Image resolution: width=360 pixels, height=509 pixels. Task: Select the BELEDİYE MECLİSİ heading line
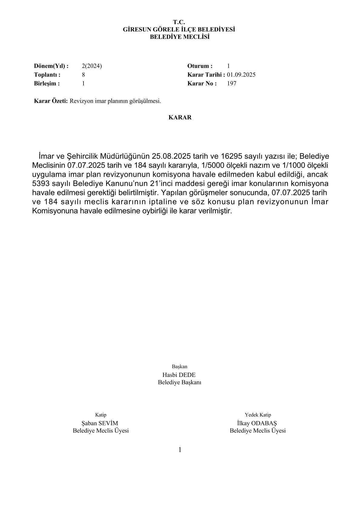pyautogui.click(x=180, y=37)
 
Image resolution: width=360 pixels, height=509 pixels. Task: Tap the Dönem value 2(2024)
pyautogui.click(x=92, y=66)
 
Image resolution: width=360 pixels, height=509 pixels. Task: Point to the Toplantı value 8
pyautogui.click(x=83, y=75)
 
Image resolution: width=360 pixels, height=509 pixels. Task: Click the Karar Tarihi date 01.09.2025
pyautogui.click(x=241, y=75)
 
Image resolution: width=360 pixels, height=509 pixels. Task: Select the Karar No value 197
pyautogui.click(x=231, y=84)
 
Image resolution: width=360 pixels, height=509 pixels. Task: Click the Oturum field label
pyautogui.click(x=200, y=66)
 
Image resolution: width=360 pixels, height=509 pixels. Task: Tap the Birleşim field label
pyautogui.click(x=47, y=84)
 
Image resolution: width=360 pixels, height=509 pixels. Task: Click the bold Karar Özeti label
pyautogui.click(x=51, y=101)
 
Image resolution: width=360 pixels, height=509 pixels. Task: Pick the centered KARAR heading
pyautogui.click(x=180, y=118)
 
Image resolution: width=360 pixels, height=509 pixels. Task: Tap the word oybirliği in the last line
pyautogui.click(x=150, y=211)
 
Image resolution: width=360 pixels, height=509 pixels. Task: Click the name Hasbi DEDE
pyautogui.click(x=179, y=375)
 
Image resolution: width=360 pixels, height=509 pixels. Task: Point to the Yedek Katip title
pyautogui.click(x=258, y=415)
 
